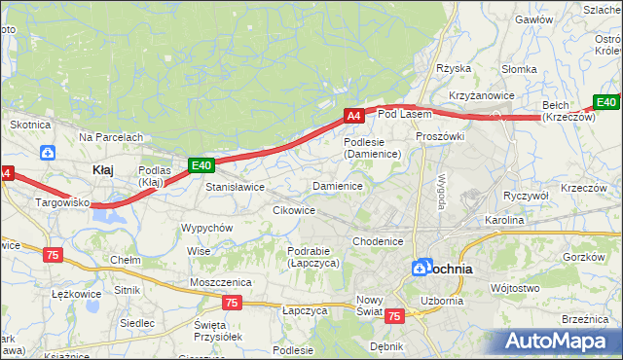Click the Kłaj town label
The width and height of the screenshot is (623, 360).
tap(102, 169)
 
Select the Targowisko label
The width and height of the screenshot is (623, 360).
tap(62, 202)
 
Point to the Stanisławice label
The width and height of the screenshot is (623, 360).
tap(235, 186)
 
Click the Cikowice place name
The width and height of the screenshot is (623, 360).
tap(294, 209)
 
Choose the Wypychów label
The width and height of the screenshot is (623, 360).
tap(206, 227)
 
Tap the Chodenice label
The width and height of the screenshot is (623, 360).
tap(378, 240)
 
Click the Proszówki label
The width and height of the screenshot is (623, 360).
tap(440, 136)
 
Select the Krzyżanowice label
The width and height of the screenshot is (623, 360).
tap(481, 95)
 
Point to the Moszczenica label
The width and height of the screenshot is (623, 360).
tap(221, 281)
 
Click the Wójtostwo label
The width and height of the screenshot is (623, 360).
tap(515, 288)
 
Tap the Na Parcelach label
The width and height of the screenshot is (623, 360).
tap(111, 137)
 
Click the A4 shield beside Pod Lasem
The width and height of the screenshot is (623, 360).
tap(354, 116)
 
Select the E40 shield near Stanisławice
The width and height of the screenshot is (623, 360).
tap(201, 166)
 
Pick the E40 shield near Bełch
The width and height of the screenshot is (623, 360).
tap(606, 102)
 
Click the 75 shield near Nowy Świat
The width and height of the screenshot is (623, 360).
tap(394, 316)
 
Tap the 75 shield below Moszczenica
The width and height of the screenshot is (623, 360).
tap(231, 303)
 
